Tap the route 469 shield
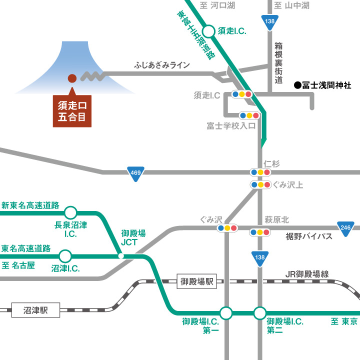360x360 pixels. coord(135,171)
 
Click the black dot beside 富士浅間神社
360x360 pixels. coord(297,85)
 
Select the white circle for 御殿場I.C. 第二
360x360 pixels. coord(259,313)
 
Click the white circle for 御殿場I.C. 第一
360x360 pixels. coord(226,313)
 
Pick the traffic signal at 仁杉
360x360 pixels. coord(260,172)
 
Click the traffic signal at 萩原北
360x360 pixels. coord(260,232)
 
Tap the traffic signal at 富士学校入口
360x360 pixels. coord(248,115)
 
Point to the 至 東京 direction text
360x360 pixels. coord(344,321)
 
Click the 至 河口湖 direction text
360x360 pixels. coord(217,6)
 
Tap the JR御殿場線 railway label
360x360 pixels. coord(307,273)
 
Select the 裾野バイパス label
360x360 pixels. coord(309,236)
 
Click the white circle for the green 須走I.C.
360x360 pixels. coord(209,31)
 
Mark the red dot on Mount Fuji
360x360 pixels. coord(72,78)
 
